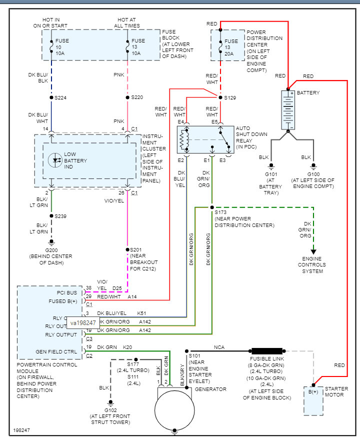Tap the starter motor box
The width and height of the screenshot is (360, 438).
(x=313, y=400)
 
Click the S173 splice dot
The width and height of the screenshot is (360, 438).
(x=212, y=206)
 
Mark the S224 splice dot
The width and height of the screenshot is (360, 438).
(x=51, y=97)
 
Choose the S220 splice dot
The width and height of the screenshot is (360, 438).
(x=127, y=97)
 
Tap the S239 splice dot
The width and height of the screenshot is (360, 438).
(x=51, y=216)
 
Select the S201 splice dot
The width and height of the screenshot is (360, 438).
(x=127, y=249)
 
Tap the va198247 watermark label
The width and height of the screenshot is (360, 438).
(x=82, y=323)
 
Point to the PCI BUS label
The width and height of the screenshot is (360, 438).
(x=67, y=292)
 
